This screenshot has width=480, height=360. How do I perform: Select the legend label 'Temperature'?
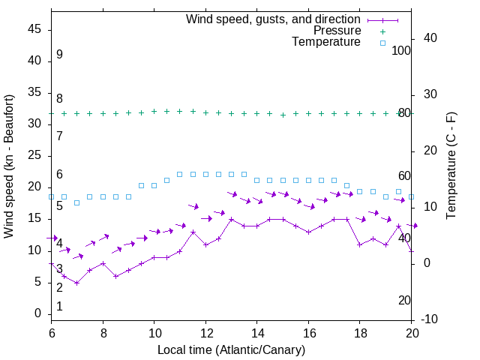click(326, 43)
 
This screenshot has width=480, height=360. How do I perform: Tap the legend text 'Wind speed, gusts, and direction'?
click(274, 19)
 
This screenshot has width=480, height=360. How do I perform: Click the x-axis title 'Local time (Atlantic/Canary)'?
click(231, 349)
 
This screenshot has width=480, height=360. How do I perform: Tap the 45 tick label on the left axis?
click(34, 28)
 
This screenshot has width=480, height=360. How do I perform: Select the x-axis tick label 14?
click(256, 332)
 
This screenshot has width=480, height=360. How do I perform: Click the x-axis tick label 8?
click(103, 332)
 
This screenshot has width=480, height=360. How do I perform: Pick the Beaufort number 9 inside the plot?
click(59, 55)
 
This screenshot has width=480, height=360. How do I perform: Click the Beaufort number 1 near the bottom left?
click(59, 306)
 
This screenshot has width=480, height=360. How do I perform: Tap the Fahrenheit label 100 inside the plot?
click(401, 50)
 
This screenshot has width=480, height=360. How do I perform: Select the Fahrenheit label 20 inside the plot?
click(404, 300)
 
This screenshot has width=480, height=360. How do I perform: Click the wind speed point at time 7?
click(76, 283)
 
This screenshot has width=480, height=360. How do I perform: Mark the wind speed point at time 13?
click(231, 220)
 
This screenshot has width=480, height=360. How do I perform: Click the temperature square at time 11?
click(179, 174)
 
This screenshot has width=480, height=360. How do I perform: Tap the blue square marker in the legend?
click(382, 43)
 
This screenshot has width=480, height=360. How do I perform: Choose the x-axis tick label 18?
click(359, 332)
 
